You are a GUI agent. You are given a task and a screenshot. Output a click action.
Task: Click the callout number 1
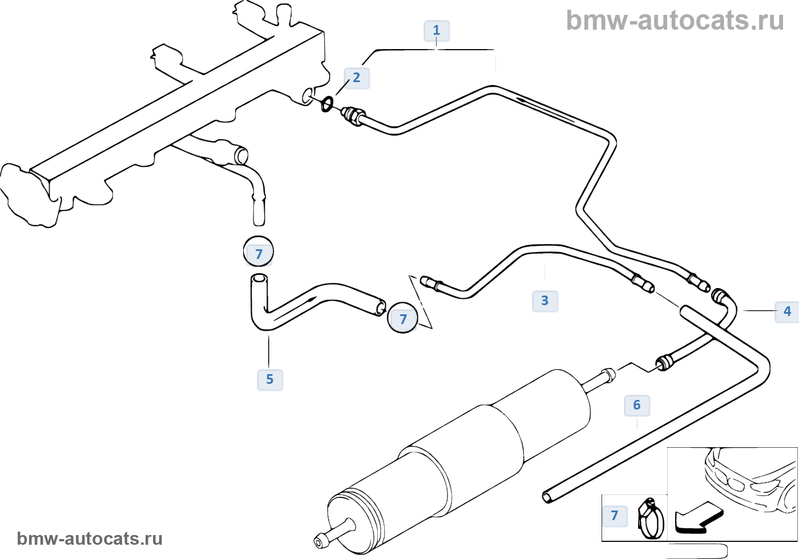(x=437, y=31)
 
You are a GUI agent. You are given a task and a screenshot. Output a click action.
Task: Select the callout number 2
(x=357, y=78)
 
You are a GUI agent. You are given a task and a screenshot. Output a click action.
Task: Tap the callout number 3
(x=545, y=301)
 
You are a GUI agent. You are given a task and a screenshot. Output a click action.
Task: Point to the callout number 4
(x=787, y=311)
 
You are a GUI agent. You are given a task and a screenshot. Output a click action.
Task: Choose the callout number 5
(x=270, y=380)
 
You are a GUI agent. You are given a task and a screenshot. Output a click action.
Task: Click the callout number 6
(x=637, y=406)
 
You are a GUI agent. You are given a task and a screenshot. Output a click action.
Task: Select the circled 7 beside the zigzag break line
(x=403, y=318)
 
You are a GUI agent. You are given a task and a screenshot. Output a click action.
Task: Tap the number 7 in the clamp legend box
(x=615, y=516)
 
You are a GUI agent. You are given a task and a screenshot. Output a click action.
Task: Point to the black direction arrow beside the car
(x=698, y=517)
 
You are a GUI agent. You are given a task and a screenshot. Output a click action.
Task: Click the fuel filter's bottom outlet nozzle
(x=323, y=537)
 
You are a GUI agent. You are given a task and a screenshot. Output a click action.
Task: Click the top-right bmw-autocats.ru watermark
(x=675, y=21)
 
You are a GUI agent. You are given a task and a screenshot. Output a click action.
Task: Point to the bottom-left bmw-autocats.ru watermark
(x=90, y=538)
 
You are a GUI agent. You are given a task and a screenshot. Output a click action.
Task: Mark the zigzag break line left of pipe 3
(x=421, y=302)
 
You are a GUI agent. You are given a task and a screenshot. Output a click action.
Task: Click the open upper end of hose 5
(x=259, y=279)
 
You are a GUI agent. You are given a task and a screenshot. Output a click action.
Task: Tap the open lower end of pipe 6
(x=547, y=497)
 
